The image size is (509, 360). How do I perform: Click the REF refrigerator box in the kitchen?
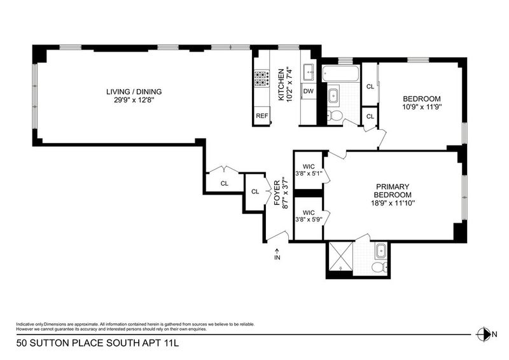262,116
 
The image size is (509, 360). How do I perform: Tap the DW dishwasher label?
308,91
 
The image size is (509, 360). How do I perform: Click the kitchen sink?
309,72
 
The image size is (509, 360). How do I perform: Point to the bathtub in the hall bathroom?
341,74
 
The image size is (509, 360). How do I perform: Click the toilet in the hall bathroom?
335,115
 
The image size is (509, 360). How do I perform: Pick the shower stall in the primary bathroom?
341,256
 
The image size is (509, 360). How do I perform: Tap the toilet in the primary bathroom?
379,268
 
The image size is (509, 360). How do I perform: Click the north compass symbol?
483,335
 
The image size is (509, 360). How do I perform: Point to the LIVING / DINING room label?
134,92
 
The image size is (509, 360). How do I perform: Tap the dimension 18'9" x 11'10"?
393,204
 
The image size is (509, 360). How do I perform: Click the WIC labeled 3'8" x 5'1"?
309,170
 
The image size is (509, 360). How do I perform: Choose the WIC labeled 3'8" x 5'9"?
309,216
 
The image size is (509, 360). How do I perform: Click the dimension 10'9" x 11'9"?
422,107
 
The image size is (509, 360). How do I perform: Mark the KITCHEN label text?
281,85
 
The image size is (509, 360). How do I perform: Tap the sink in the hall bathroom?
333,96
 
